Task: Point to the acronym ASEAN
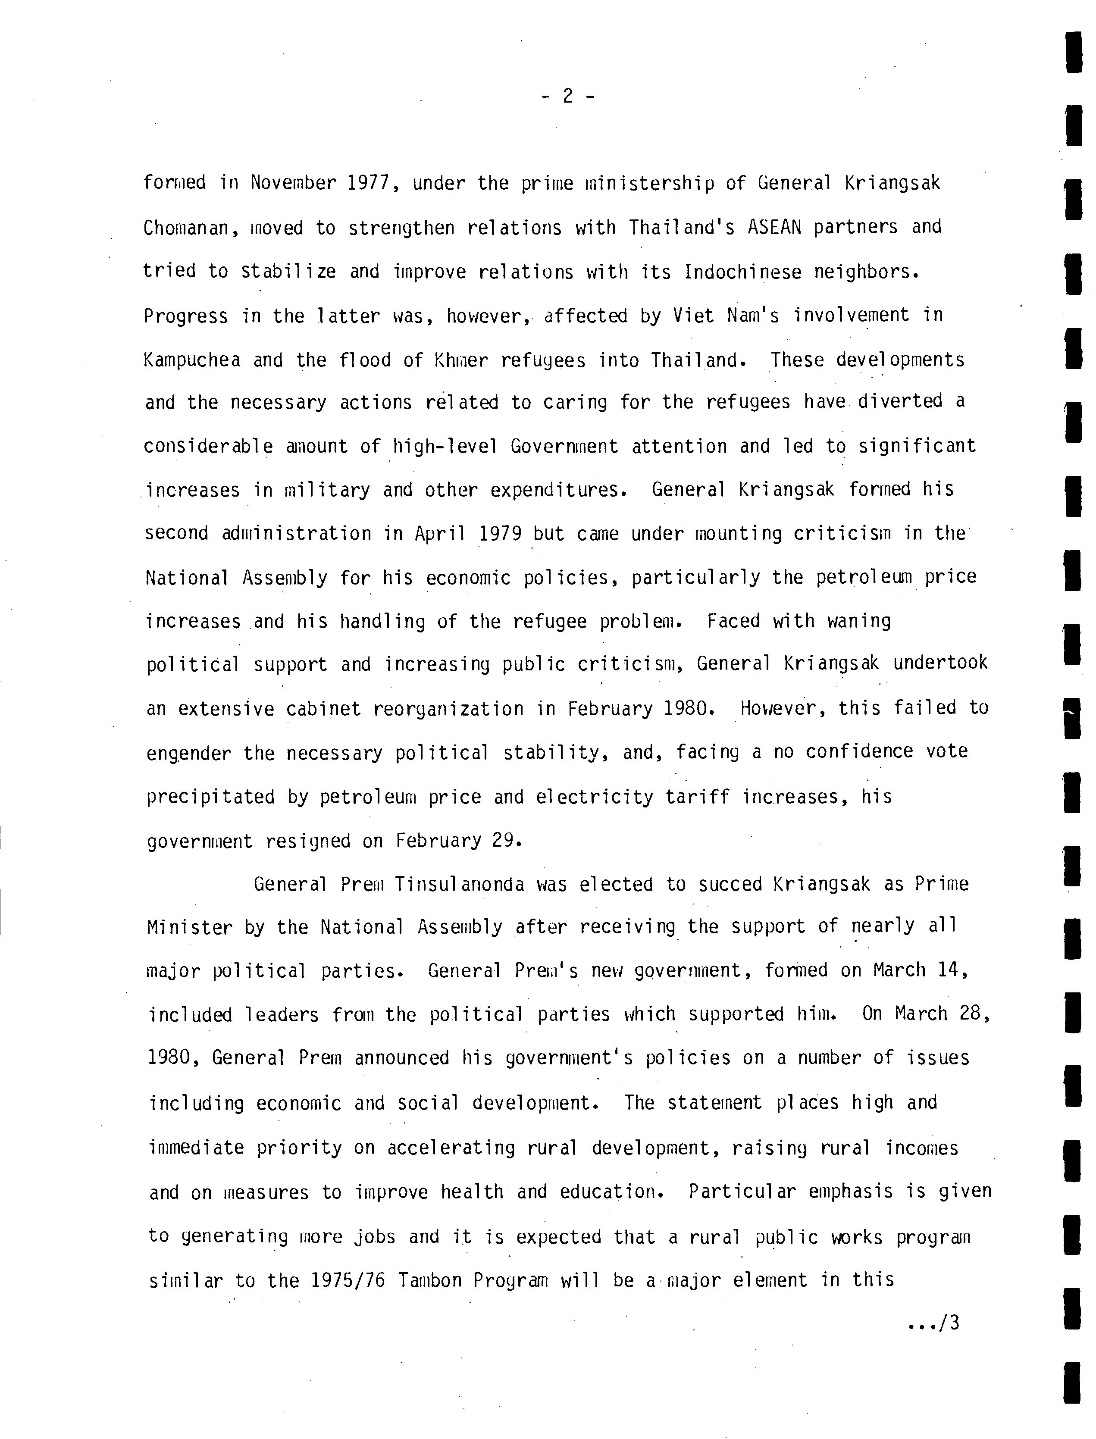pos(774,227)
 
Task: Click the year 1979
pos(500,534)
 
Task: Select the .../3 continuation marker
pos(934,1323)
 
